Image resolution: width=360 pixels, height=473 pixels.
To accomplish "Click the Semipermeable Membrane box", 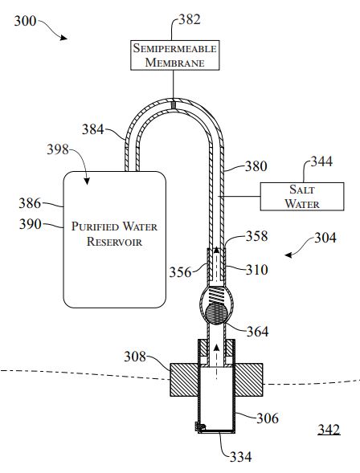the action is click(x=174, y=55).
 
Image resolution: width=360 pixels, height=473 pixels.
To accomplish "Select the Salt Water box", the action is click(x=302, y=197).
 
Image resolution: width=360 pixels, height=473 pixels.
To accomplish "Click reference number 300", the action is click(x=25, y=21).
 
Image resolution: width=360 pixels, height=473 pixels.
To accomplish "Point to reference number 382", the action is click(x=190, y=19).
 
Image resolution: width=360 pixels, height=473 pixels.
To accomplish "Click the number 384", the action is click(x=93, y=129).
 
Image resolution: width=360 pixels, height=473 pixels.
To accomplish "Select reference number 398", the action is click(x=58, y=149).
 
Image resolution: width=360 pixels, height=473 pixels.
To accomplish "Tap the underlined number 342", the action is click(x=329, y=430).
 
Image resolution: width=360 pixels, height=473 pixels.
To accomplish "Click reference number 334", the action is click(x=240, y=457).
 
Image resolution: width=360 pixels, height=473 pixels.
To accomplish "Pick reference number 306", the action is click(x=268, y=418).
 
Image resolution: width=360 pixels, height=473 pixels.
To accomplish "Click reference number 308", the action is click(x=135, y=357).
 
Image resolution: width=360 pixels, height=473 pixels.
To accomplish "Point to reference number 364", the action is click(x=257, y=332).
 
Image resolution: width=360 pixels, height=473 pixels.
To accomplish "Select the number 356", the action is click(x=180, y=272).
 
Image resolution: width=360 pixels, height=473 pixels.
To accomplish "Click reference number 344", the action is click(x=321, y=161).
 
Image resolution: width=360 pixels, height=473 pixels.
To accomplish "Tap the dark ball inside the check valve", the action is click(x=216, y=313).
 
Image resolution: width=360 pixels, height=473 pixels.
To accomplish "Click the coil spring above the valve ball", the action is click(x=217, y=295).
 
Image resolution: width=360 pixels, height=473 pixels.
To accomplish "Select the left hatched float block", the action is click(x=184, y=380).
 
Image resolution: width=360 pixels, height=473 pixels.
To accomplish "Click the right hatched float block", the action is click(x=248, y=380).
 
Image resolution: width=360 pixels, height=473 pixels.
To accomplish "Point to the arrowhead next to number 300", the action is click(x=63, y=38).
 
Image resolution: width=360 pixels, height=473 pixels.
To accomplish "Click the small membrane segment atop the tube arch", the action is click(x=174, y=104).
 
